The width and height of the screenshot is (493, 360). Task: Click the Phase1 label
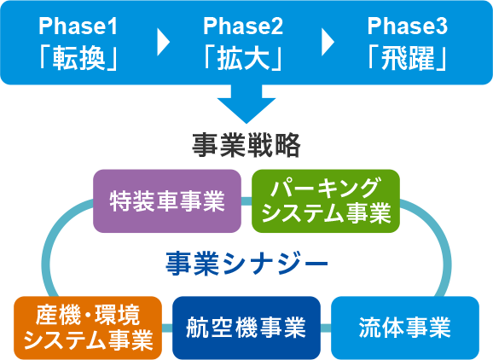tap(78, 26)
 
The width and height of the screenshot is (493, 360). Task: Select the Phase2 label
tap(243, 26)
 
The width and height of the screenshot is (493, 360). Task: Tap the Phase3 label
tap(408, 26)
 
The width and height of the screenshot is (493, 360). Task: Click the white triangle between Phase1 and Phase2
tap(163, 42)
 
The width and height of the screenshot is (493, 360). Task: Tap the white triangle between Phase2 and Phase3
tap(328, 42)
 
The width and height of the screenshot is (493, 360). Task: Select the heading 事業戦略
tap(246, 145)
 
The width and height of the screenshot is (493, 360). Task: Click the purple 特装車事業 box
tap(167, 201)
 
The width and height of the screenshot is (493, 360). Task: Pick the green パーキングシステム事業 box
tap(326, 201)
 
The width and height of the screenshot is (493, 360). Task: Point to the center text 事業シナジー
tap(246, 264)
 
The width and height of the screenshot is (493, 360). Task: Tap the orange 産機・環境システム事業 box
tap(88, 328)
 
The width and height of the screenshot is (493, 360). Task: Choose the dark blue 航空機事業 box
tap(246, 328)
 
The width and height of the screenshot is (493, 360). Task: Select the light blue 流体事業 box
tap(405, 328)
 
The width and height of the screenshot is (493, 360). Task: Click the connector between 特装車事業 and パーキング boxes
tap(246, 201)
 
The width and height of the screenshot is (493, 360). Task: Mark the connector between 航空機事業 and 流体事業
tap(326, 328)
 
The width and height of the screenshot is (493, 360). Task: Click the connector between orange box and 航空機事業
tap(167, 328)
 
